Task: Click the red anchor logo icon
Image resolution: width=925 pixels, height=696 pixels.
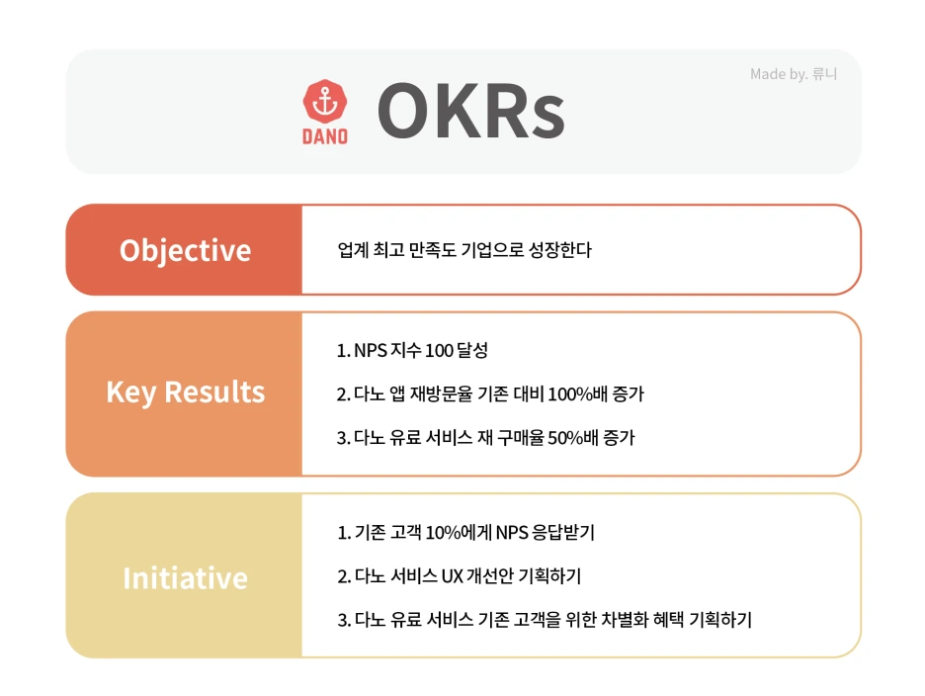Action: (325, 102)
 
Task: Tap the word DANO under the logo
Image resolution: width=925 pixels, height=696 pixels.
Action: (325, 135)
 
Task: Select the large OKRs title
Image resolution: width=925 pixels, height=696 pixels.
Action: (470, 112)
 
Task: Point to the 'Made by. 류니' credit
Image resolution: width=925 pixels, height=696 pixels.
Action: (794, 74)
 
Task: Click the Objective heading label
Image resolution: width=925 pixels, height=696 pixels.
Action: (185, 250)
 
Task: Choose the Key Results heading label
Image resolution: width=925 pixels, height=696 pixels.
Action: (185, 392)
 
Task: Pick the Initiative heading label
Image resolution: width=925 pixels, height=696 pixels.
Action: (185, 577)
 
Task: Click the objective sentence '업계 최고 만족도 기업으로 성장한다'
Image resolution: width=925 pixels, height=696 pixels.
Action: (464, 250)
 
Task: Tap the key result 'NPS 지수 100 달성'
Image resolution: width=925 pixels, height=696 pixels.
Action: (413, 351)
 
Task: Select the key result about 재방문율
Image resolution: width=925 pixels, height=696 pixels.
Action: (490, 394)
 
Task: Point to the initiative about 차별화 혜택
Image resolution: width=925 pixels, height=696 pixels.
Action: (545, 621)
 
